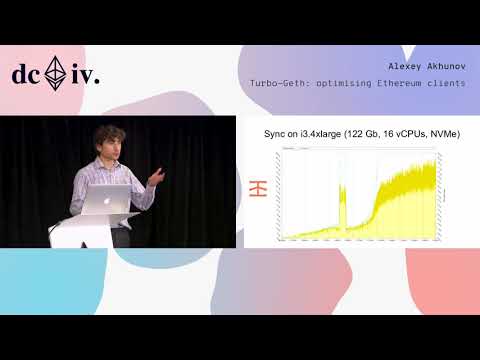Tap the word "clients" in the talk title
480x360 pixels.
tap(450, 82)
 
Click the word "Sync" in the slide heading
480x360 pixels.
tap(275, 134)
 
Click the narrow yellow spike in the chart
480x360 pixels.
tap(342, 210)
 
